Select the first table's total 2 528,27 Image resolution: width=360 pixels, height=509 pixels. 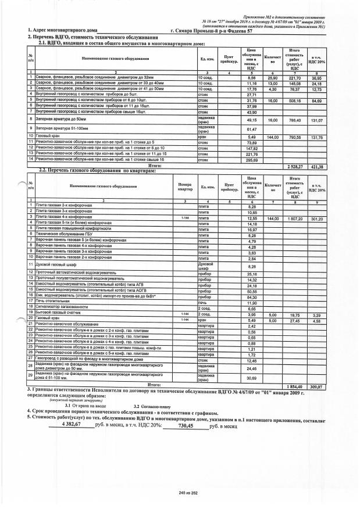click(290, 166)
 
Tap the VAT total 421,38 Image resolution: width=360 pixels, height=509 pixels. click(317, 166)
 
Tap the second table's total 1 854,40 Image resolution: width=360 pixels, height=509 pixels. click(290, 385)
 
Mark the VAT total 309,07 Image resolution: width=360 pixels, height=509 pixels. click(317, 385)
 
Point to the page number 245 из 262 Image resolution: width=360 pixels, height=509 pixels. click(181, 492)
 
